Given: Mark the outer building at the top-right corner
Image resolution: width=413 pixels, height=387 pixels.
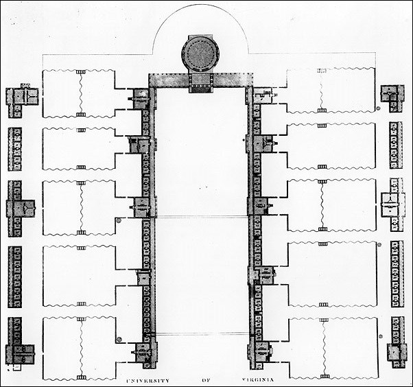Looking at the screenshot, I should (392, 97).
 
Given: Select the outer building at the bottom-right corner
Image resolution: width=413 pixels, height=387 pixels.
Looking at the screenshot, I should (396, 347).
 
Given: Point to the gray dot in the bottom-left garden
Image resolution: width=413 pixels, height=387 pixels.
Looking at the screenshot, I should (118, 338).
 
